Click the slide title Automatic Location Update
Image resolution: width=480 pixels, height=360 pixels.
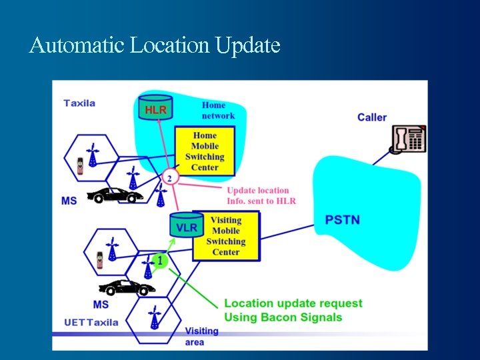click(155, 45)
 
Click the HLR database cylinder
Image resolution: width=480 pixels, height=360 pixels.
click(155, 109)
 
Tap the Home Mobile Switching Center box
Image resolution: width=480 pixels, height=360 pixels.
click(205, 151)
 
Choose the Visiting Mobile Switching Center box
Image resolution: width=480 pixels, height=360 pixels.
click(226, 236)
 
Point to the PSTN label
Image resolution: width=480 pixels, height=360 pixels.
click(343, 219)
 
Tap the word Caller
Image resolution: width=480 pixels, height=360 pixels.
click(371, 117)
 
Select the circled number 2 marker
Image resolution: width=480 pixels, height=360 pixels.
click(171, 178)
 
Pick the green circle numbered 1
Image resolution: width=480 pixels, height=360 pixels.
click(159, 259)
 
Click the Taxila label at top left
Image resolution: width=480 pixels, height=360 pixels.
click(79, 103)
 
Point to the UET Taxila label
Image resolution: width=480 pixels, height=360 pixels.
click(91, 322)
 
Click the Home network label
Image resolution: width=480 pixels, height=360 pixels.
click(218, 110)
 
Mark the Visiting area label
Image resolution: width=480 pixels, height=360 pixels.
click(201, 336)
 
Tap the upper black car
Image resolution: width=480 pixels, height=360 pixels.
click(115, 195)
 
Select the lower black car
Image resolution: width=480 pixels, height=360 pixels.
click(127, 287)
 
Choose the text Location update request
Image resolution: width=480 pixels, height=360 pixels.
click(293, 303)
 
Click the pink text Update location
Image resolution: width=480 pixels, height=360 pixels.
click(258, 191)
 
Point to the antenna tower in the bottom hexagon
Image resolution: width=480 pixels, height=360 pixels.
click(155, 318)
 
